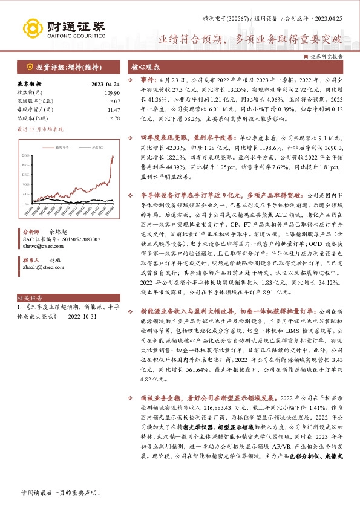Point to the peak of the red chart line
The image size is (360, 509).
tap(112, 157)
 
